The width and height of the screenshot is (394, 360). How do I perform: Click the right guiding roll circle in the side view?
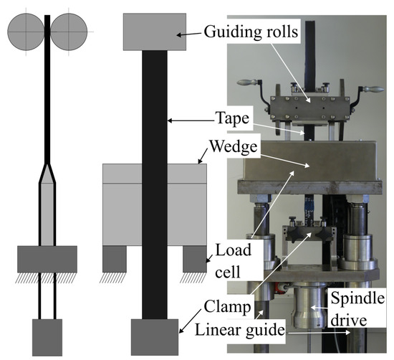pyautogui.click(x=69, y=34)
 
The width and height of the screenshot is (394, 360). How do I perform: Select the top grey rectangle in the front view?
pyautogui.click(x=155, y=32)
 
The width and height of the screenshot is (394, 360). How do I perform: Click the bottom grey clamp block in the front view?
pyautogui.click(x=155, y=337)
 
